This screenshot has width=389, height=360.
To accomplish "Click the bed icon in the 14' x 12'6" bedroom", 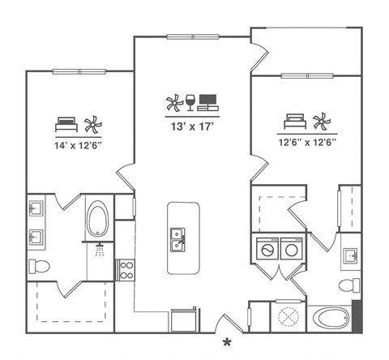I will (65, 124).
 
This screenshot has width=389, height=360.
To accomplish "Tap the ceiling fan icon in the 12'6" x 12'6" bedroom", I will (322, 122).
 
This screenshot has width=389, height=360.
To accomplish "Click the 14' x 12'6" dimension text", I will (78, 145).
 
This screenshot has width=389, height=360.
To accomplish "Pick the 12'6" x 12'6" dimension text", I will (308, 141).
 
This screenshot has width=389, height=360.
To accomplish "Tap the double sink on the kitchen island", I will (177, 239).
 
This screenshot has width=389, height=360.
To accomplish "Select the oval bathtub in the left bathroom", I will (98, 219).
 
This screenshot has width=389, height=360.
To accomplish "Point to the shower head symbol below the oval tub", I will (100, 249).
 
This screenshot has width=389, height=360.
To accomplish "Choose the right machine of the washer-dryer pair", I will (290, 249).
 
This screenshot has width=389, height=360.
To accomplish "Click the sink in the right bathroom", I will (350, 258).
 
